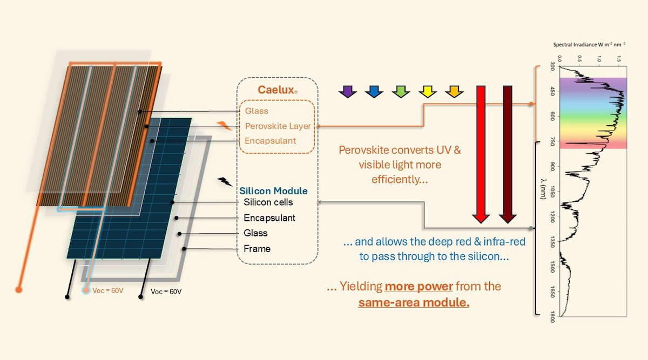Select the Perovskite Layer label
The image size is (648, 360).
(x=278, y=126)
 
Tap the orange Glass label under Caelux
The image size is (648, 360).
(x=256, y=111)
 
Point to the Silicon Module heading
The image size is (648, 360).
(x=273, y=191)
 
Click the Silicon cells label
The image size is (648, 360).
(x=268, y=202)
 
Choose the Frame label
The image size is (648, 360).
(x=257, y=249)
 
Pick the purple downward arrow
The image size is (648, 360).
(x=348, y=91)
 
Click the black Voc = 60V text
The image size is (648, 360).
(x=166, y=291)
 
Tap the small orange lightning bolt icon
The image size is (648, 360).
(x=225, y=126)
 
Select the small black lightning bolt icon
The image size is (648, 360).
(x=225, y=182)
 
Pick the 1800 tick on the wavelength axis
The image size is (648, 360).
(x=552, y=315)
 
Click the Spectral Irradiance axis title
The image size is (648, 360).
(x=589, y=45)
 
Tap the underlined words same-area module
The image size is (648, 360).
(x=414, y=302)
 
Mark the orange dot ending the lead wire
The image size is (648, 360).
(x=19, y=290)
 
